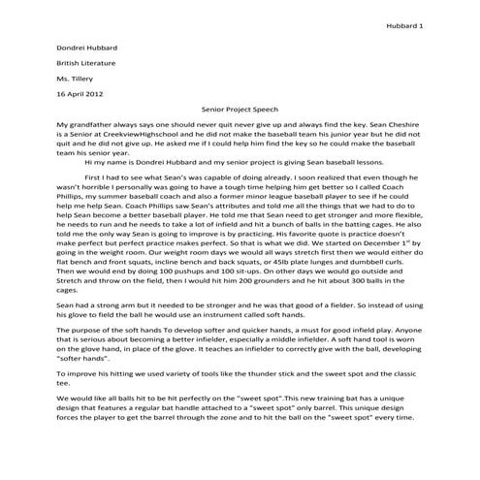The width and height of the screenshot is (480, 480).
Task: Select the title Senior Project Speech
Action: tap(240, 112)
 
